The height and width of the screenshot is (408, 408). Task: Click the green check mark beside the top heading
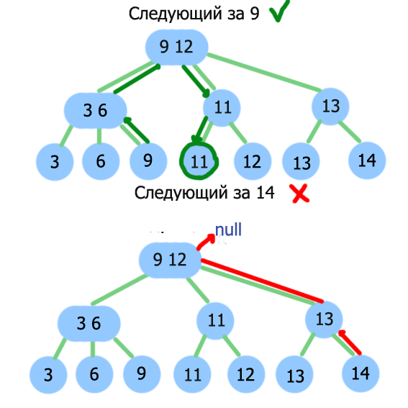pos(279,11)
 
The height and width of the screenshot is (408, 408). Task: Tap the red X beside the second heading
pos(301,194)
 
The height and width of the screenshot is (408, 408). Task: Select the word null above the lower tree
pos(228,230)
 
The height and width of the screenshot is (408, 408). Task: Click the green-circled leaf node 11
pos(199,161)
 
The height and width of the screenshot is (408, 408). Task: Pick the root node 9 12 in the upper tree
pos(177,47)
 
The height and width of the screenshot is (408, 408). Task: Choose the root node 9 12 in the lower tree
pos(170,260)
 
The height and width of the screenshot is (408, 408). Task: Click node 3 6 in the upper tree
pos(96,111)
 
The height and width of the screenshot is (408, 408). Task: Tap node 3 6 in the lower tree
pos(89,323)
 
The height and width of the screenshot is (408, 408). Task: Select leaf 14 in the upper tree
pos(367,160)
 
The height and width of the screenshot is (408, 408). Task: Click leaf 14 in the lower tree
pos(361,373)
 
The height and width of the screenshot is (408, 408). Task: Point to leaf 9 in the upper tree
pos(148,161)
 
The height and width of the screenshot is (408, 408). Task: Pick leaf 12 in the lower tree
pos(246,374)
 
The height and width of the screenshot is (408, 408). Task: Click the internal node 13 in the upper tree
pos(330,106)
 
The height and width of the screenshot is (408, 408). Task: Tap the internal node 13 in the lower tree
pos(324,319)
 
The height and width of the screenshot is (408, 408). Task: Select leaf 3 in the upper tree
pos(55,162)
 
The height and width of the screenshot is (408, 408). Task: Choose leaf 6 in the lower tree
pos(94,374)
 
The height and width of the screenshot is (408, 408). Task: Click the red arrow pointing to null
pos(206,241)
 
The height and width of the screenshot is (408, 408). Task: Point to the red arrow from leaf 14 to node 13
pos(350,342)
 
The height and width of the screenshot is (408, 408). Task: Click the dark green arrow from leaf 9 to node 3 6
pos(136,130)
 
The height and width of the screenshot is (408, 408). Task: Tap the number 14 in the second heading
pos(265,193)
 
